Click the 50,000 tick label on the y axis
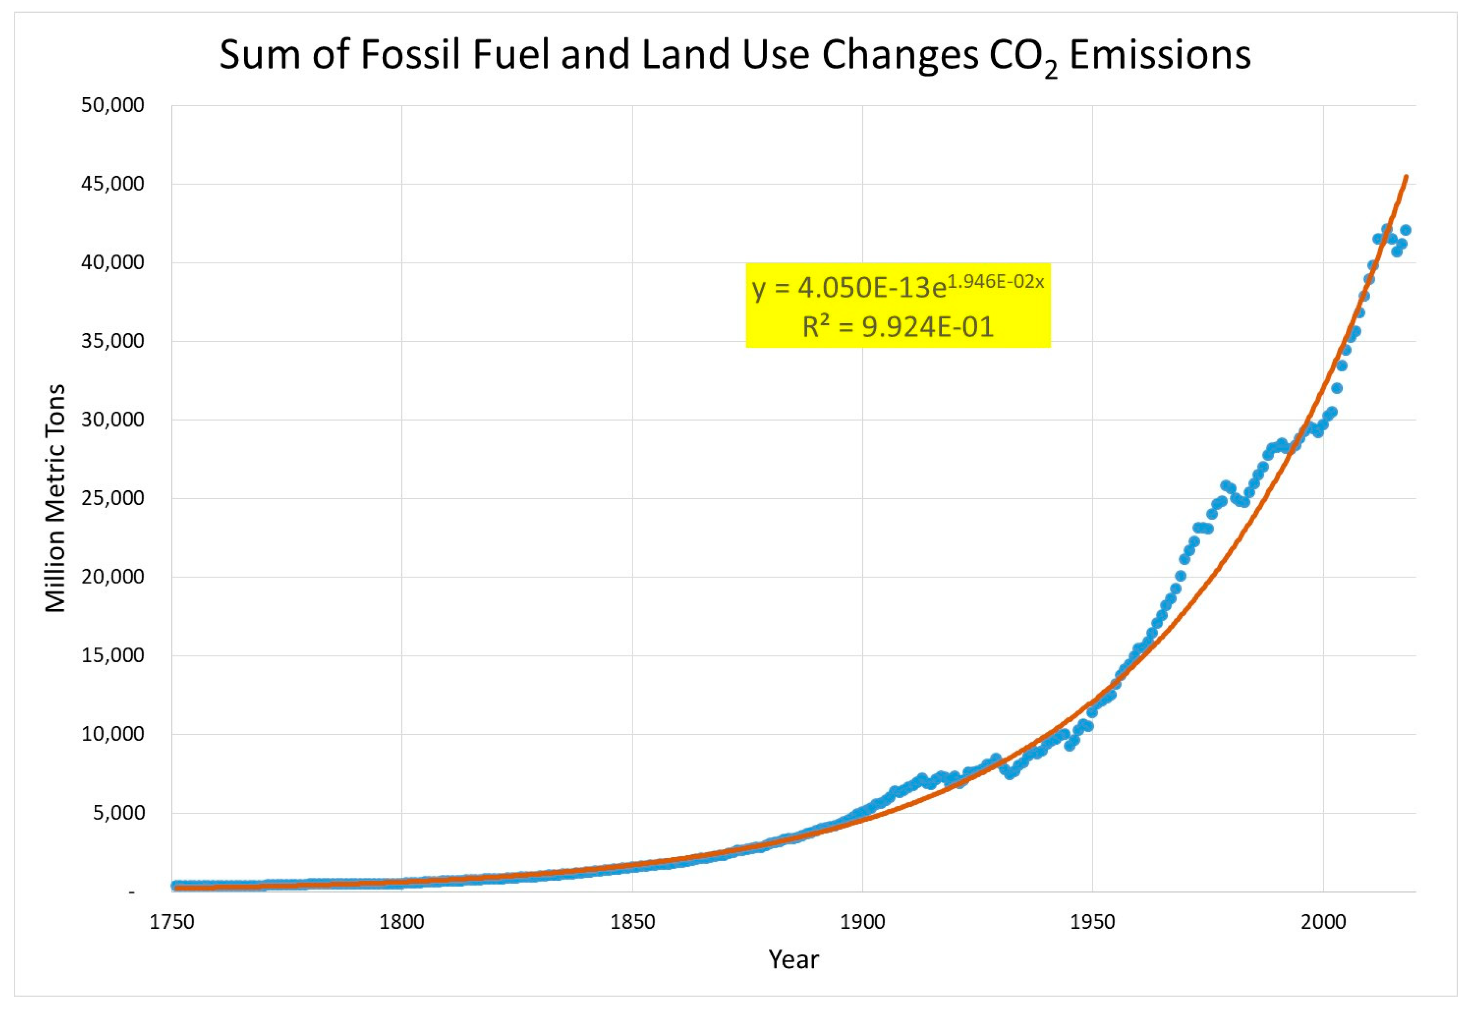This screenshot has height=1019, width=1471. pos(112,106)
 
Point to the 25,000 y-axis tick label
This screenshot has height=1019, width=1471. pos(112,498)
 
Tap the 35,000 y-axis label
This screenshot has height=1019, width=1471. pos(112,341)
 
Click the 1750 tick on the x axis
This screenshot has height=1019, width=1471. pos(172,922)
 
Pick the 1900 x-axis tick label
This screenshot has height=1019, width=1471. pos(862,922)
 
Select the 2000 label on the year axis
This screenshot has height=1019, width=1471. pos(1323,922)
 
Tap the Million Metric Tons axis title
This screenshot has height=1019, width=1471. pos(56,498)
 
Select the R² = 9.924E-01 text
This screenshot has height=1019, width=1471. pos(898,327)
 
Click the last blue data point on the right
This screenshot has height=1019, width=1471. pos(1405,230)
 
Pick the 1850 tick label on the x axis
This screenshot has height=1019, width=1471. pos(632,922)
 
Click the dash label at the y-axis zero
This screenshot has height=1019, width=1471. pos(132,892)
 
